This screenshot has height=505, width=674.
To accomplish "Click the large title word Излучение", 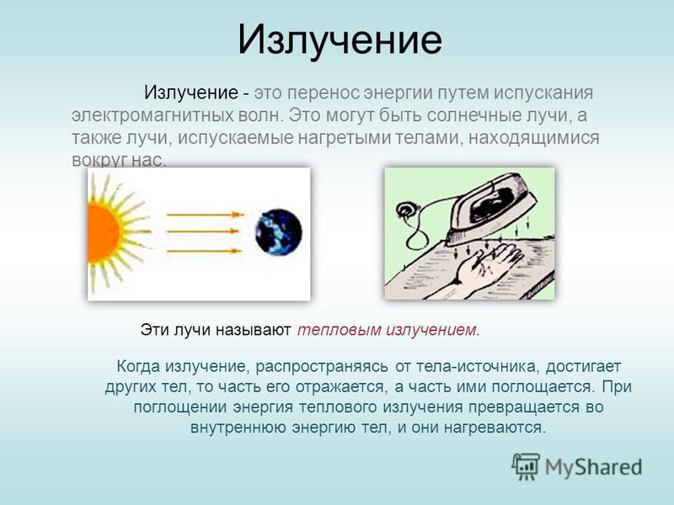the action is [x=340, y=40].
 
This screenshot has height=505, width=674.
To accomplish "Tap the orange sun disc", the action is [x=102, y=232].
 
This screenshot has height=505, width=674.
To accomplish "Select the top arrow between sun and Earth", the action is [x=205, y=215].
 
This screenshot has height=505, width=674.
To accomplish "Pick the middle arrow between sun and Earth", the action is [x=202, y=231].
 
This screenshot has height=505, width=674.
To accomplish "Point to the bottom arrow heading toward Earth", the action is [x=204, y=251].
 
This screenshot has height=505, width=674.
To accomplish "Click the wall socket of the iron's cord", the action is [x=406, y=211].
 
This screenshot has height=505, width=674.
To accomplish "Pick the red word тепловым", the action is [x=340, y=330].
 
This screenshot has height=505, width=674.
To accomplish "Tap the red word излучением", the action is [x=431, y=330].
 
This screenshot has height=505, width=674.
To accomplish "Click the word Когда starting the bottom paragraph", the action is [x=138, y=367].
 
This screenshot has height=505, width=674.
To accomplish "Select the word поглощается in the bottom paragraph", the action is [x=543, y=387].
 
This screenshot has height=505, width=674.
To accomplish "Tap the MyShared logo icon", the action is [x=526, y=466].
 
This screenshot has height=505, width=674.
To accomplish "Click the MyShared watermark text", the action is [x=594, y=467].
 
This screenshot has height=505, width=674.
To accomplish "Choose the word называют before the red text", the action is [x=254, y=330].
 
